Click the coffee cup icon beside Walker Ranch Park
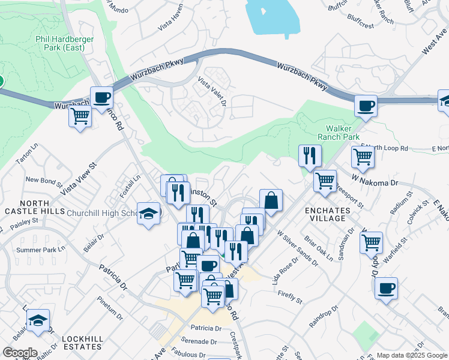tap(366, 107)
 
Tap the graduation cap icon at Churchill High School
tap(148, 214)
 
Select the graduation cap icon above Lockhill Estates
tap(39, 320)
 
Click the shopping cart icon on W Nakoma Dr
tap(325, 179)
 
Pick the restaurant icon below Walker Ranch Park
tap(310, 155)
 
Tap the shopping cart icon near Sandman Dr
tap(372, 243)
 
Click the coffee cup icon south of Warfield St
tap(386, 287)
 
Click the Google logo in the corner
tap(20, 352)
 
